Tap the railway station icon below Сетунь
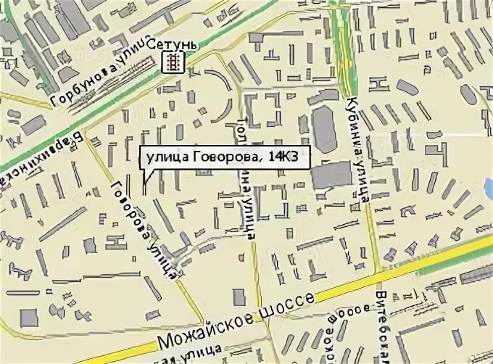[x=172, y=63]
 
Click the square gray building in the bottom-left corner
[x=28, y=318]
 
